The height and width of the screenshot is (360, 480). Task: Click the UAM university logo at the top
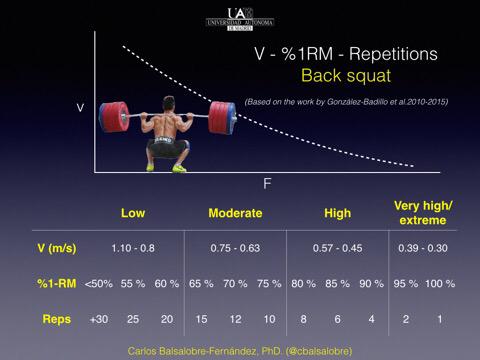[239, 17]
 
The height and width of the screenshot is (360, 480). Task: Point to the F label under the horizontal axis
[267, 184]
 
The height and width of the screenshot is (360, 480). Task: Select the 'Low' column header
[133, 213]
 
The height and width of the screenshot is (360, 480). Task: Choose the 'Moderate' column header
[235, 213]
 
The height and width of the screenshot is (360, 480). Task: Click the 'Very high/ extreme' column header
[423, 213]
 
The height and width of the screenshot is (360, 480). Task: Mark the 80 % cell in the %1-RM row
[301, 283]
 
